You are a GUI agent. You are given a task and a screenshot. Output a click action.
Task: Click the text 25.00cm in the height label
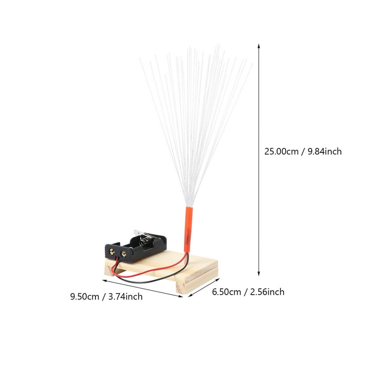pyautogui.click(x=281, y=151)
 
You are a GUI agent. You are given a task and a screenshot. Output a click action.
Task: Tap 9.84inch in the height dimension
pyautogui.click(x=325, y=151)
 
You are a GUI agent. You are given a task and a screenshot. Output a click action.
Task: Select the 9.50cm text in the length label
pyautogui.click(x=84, y=297)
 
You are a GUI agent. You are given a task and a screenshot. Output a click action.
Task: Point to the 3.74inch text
pyautogui.click(x=126, y=297)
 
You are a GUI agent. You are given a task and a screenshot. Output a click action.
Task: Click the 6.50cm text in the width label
pyautogui.click(x=226, y=292)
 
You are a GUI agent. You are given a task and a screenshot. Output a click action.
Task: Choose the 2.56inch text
pyautogui.click(x=267, y=292)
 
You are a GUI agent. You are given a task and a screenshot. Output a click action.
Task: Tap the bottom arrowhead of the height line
pyautogui.click(x=259, y=273)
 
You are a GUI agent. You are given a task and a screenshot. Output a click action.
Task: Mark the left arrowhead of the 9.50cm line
pyautogui.click(x=105, y=280)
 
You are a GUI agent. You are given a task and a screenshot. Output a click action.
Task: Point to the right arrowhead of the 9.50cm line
pyautogui.click(x=181, y=296)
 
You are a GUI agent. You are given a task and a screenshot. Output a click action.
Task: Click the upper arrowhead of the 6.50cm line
pyautogui.click(x=217, y=280)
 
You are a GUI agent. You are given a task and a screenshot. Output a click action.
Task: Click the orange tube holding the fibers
pyautogui.click(x=188, y=229)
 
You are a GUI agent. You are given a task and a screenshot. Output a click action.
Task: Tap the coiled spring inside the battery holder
pyautogui.click(x=143, y=242)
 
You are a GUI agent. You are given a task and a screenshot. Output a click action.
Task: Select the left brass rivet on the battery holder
pyautogui.click(x=112, y=251)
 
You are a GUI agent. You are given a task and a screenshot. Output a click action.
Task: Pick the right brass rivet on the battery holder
pyautogui.click(x=124, y=254)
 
